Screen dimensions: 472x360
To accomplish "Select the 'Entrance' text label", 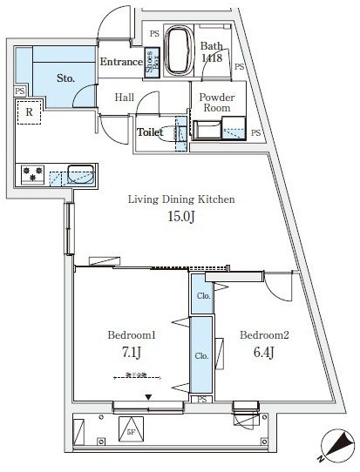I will [121, 62].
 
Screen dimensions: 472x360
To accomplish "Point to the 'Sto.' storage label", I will [65, 78].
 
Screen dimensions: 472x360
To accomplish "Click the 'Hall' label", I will [125, 98].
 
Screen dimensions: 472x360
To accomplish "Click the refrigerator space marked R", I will [29, 112].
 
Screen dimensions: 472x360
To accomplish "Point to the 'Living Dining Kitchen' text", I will [182, 199].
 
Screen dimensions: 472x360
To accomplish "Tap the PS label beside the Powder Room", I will [255, 132].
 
